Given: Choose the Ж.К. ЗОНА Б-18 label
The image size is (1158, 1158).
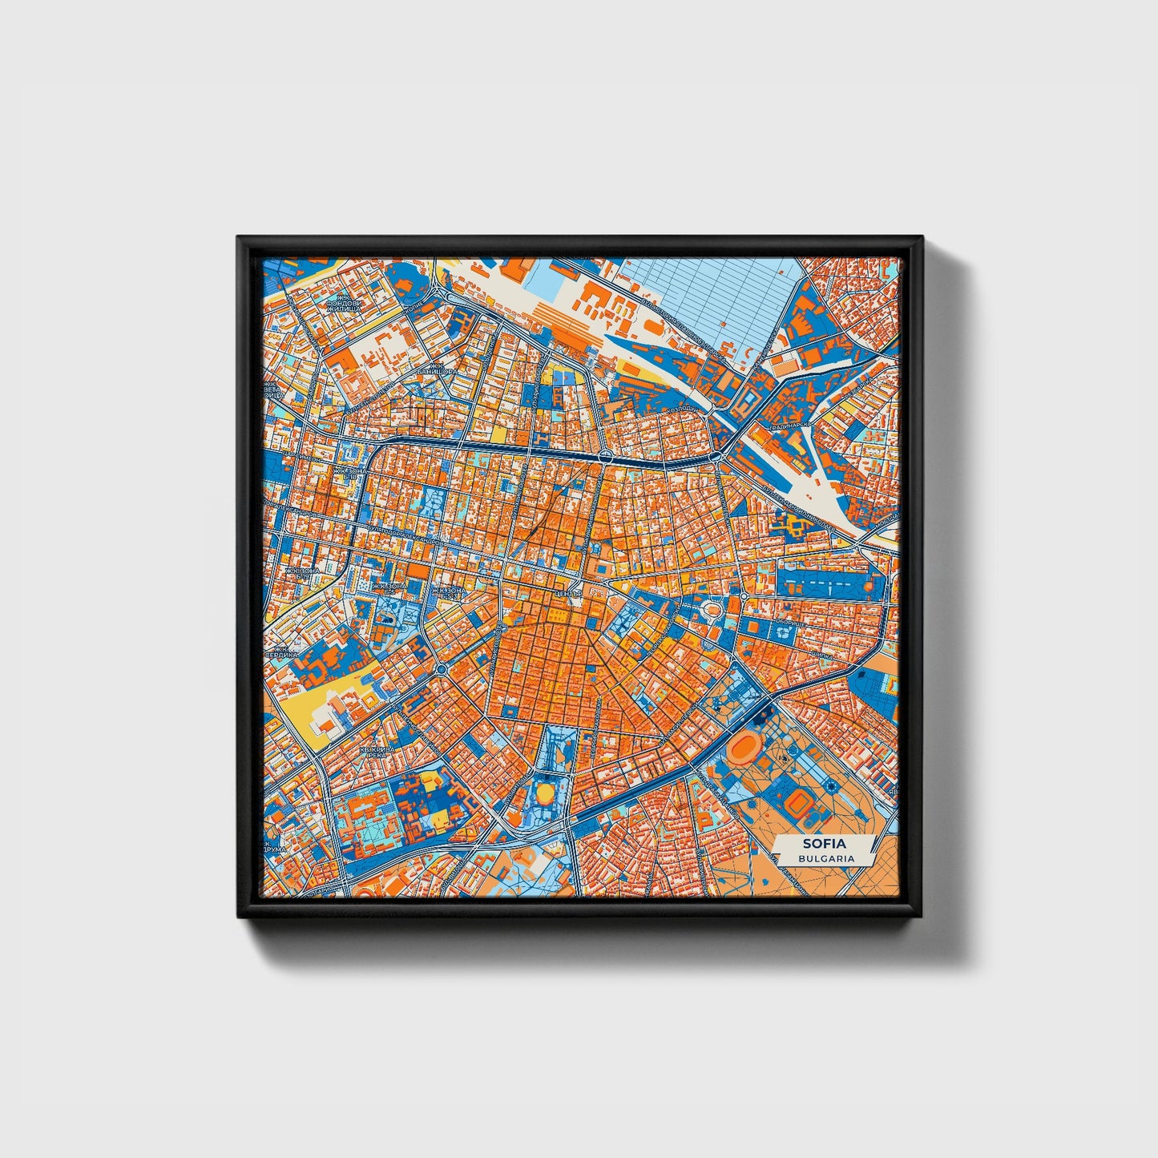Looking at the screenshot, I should (x=349, y=473).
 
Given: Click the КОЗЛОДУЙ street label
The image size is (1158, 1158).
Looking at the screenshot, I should (x=681, y=410).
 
